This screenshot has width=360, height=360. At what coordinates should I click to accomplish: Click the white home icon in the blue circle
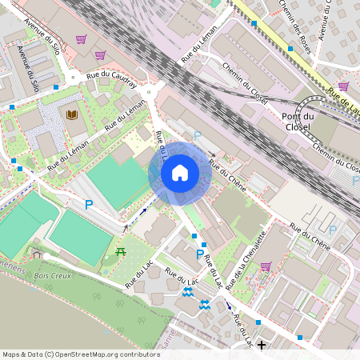180,172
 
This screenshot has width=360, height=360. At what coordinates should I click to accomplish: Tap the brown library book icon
72,114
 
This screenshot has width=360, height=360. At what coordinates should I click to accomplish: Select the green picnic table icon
121,252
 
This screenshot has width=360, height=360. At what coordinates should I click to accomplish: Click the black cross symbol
261,344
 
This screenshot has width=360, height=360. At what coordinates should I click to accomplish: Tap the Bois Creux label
52,275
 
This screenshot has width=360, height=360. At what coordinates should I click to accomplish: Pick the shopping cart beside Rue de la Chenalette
265,266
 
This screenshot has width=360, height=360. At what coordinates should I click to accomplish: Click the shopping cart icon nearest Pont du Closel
343,86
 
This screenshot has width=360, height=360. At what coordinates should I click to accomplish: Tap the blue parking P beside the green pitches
89,205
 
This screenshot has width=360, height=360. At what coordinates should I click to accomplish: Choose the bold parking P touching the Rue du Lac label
200,255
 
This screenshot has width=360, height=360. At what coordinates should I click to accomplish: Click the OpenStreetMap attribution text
81,354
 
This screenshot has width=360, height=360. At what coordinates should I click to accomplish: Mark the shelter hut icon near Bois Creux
37,254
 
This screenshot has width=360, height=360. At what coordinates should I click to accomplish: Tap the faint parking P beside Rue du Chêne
197,136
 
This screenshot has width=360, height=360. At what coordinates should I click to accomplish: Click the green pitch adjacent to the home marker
116,183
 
